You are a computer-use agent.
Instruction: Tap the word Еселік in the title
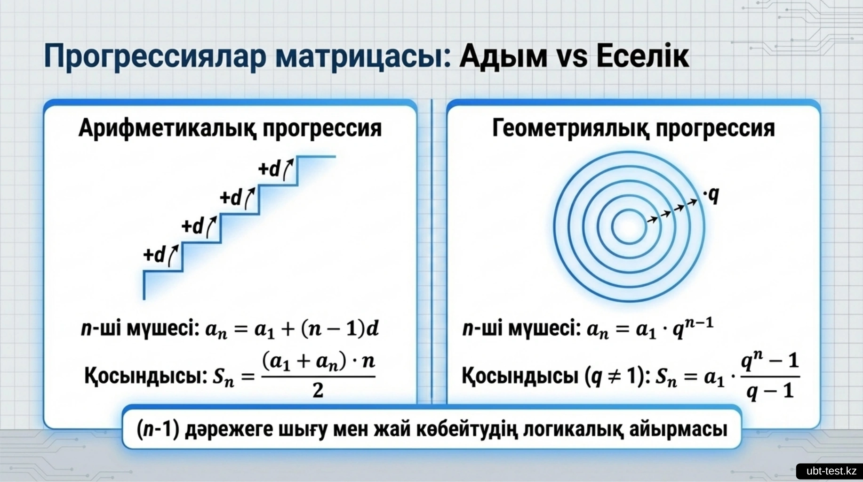[x=643, y=56]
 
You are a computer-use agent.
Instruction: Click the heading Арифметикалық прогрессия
[x=230, y=128]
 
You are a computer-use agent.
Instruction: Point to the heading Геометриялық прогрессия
[x=633, y=128]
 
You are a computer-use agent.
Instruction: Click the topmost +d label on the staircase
[x=270, y=169]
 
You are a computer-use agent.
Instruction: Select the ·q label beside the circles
[x=711, y=194]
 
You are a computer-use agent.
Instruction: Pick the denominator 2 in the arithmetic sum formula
[x=318, y=390]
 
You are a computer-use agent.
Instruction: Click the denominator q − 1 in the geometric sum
[x=770, y=391]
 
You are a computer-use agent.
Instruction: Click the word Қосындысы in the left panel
[x=146, y=376]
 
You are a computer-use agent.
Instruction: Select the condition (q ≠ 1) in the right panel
[x=614, y=376]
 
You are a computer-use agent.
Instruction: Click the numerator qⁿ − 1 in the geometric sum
[x=770, y=361]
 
